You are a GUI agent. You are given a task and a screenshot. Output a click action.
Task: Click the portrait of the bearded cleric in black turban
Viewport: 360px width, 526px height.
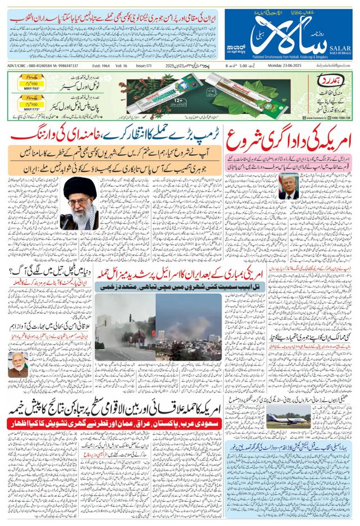click(x=79, y=204)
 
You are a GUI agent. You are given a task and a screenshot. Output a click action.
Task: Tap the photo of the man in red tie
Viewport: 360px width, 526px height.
click(x=288, y=186)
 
